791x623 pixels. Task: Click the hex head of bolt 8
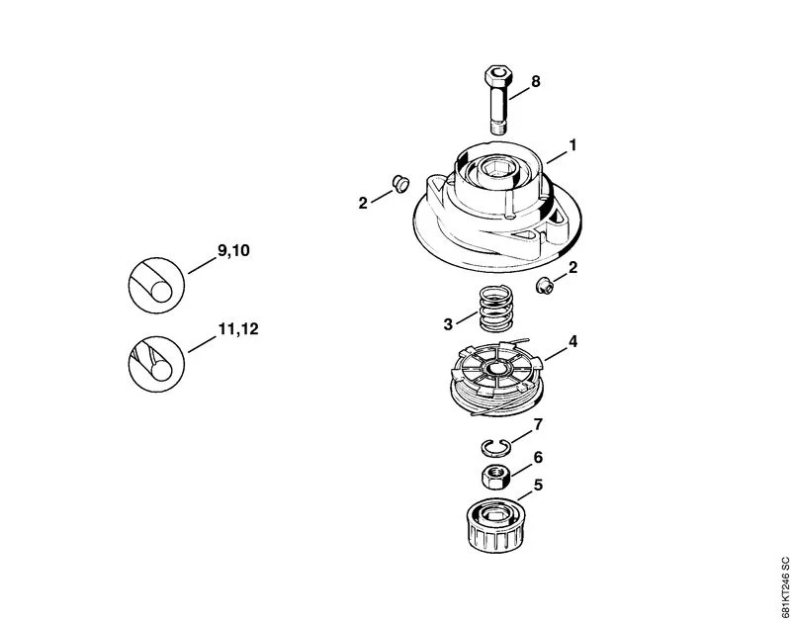(499, 77)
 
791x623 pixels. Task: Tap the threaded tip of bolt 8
(499, 128)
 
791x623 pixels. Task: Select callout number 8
(535, 81)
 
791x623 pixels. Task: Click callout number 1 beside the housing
(572, 145)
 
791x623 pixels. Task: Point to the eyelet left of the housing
(400, 183)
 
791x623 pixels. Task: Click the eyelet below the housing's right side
(545, 286)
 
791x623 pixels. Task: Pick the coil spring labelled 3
(496, 309)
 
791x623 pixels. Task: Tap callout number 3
(448, 324)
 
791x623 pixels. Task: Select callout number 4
(572, 342)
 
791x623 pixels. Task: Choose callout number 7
(538, 425)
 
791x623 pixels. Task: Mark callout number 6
(538, 458)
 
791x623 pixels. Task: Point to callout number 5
(538, 486)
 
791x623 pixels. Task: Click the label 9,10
(233, 251)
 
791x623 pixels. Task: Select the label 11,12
(238, 329)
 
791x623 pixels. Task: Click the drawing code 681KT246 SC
(784, 586)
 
